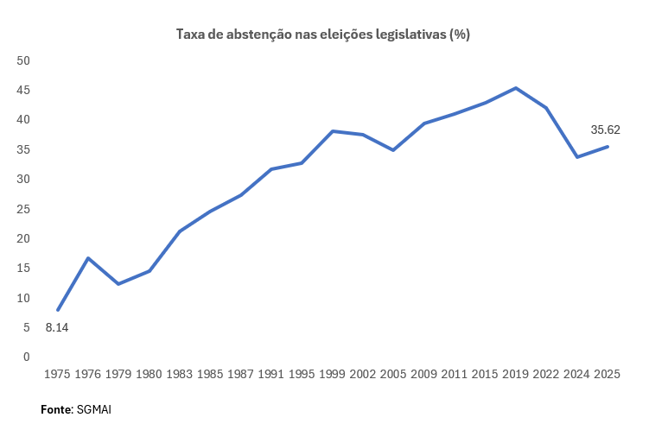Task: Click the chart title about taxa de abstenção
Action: coord(323,35)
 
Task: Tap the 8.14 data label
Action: coord(57,328)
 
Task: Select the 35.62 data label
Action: coord(605,130)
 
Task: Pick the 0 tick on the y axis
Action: coord(27,357)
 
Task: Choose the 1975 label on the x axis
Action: coord(57,375)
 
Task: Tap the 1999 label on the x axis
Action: coord(332,375)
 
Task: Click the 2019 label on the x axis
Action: coord(516,375)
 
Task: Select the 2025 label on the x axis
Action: coord(608,375)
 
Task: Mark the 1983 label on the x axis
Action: coord(179,375)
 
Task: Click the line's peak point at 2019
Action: coord(516,88)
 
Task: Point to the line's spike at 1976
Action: coord(88,258)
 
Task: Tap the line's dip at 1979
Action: coord(118,284)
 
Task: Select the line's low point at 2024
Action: coord(577,157)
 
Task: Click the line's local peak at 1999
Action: coord(332,131)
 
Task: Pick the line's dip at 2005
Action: coord(393,150)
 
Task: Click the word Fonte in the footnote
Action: coord(56,409)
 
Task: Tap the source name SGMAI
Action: coord(94,409)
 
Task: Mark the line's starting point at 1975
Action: coord(58,309)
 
